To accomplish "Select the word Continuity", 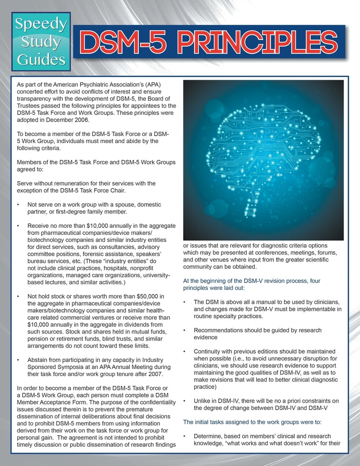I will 210,351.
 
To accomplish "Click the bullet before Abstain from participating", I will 18,360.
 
